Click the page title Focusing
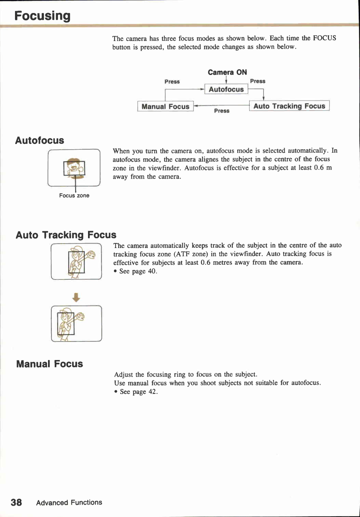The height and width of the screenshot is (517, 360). click(42, 16)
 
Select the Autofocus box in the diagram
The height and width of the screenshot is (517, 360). click(226, 89)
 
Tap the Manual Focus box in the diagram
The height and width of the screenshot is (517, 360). click(165, 106)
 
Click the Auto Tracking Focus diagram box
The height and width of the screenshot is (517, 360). click(289, 106)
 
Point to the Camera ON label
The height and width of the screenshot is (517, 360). click(227, 72)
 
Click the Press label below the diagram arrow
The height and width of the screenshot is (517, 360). click(222, 111)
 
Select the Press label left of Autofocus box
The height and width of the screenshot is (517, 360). click(172, 82)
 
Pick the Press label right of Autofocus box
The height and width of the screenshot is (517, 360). click(258, 81)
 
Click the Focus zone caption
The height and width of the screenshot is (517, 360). click(74, 196)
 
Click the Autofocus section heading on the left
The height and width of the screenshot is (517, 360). click(40, 140)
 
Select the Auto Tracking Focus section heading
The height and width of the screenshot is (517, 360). click(66, 235)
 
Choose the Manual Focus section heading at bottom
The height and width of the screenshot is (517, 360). click(50, 364)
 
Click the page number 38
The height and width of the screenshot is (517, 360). click(16, 502)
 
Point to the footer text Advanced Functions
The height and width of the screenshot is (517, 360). click(69, 502)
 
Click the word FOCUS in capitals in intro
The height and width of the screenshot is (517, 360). click(324, 38)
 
